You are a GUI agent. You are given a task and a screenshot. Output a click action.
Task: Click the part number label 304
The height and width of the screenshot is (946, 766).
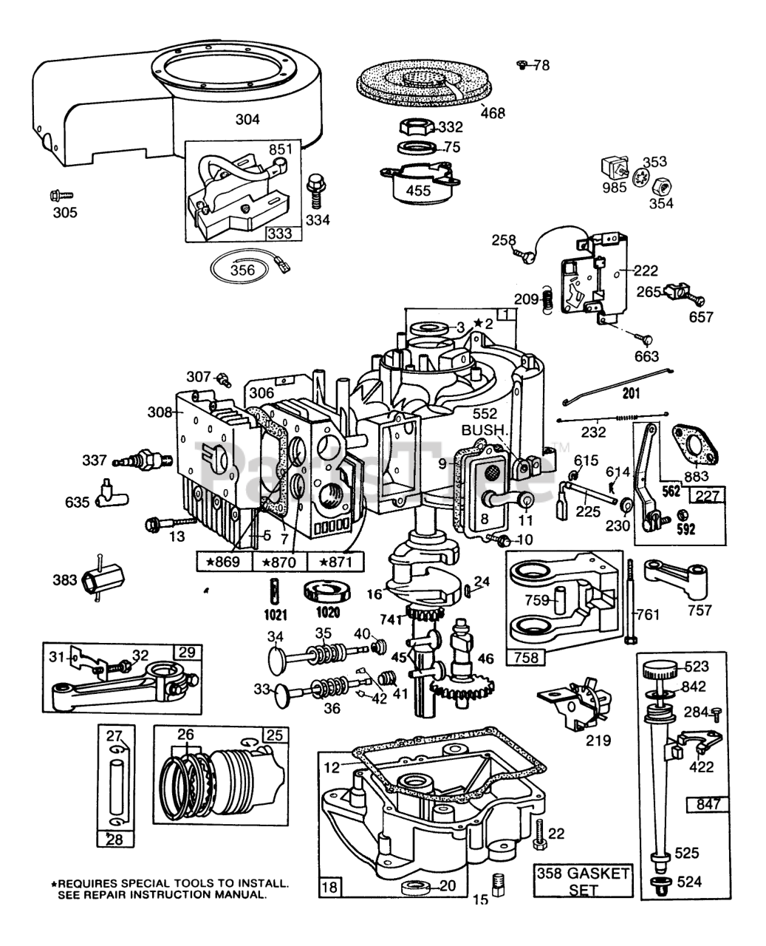(x=247, y=118)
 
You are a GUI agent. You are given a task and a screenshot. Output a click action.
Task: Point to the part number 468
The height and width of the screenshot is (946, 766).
(x=493, y=113)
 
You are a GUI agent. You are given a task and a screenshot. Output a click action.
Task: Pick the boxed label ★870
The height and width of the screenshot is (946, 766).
(x=280, y=562)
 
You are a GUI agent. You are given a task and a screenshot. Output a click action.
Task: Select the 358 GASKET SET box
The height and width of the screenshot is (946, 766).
(x=584, y=881)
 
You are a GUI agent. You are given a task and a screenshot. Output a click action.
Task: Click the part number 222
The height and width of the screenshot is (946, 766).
(x=646, y=271)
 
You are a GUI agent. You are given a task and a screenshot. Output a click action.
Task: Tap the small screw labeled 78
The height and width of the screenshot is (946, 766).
(x=522, y=65)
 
